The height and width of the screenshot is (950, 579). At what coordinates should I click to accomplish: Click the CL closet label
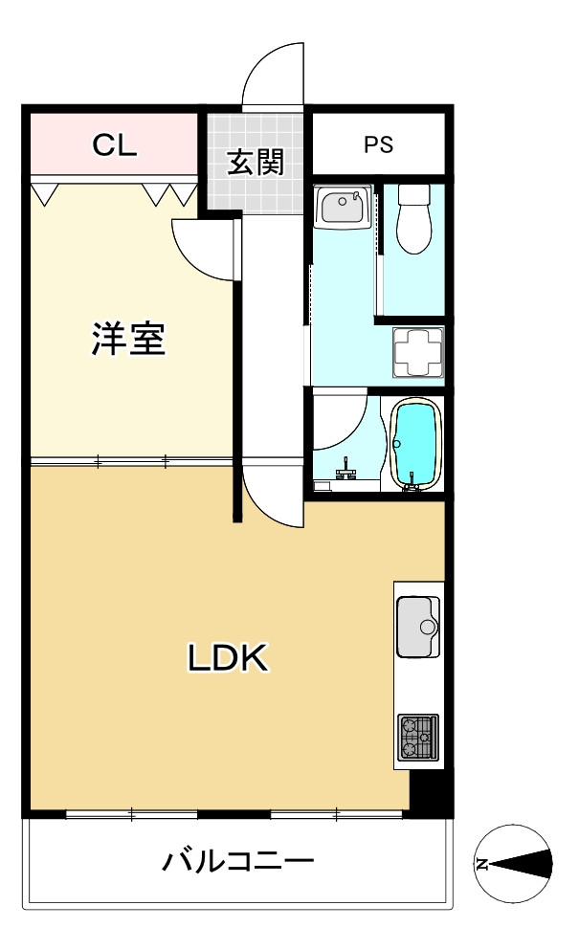(x=116, y=145)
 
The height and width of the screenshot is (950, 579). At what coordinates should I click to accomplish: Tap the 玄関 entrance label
(x=256, y=162)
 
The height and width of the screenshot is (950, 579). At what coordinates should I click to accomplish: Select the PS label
(x=378, y=145)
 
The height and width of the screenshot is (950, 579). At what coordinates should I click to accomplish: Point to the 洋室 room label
(x=128, y=340)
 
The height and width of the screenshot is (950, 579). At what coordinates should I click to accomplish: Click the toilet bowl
(x=413, y=219)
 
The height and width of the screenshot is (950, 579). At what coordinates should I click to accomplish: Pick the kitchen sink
(x=418, y=626)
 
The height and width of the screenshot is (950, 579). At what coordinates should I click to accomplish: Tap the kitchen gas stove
(x=418, y=737)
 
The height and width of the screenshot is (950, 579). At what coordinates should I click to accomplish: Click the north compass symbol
(x=515, y=863)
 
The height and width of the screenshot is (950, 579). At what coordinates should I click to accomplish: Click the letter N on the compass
(x=482, y=864)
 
